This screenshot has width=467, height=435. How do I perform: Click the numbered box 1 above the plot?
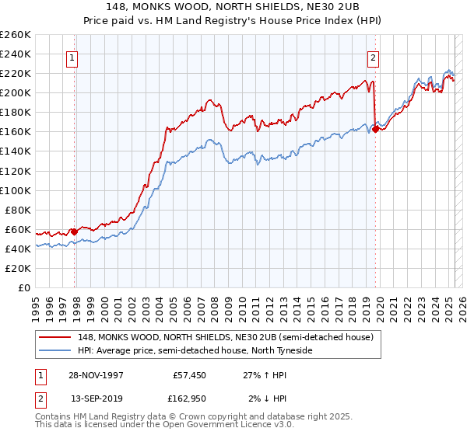point(72,57)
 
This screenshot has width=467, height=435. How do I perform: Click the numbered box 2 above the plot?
point(374,57)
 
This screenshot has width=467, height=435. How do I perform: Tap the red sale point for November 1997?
point(74,231)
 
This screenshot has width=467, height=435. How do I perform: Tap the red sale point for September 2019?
point(376,129)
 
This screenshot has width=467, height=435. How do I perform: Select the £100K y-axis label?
point(16,190)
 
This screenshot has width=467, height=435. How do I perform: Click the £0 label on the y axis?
point(23,288)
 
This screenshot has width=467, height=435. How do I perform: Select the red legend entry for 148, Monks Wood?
point(226,337)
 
